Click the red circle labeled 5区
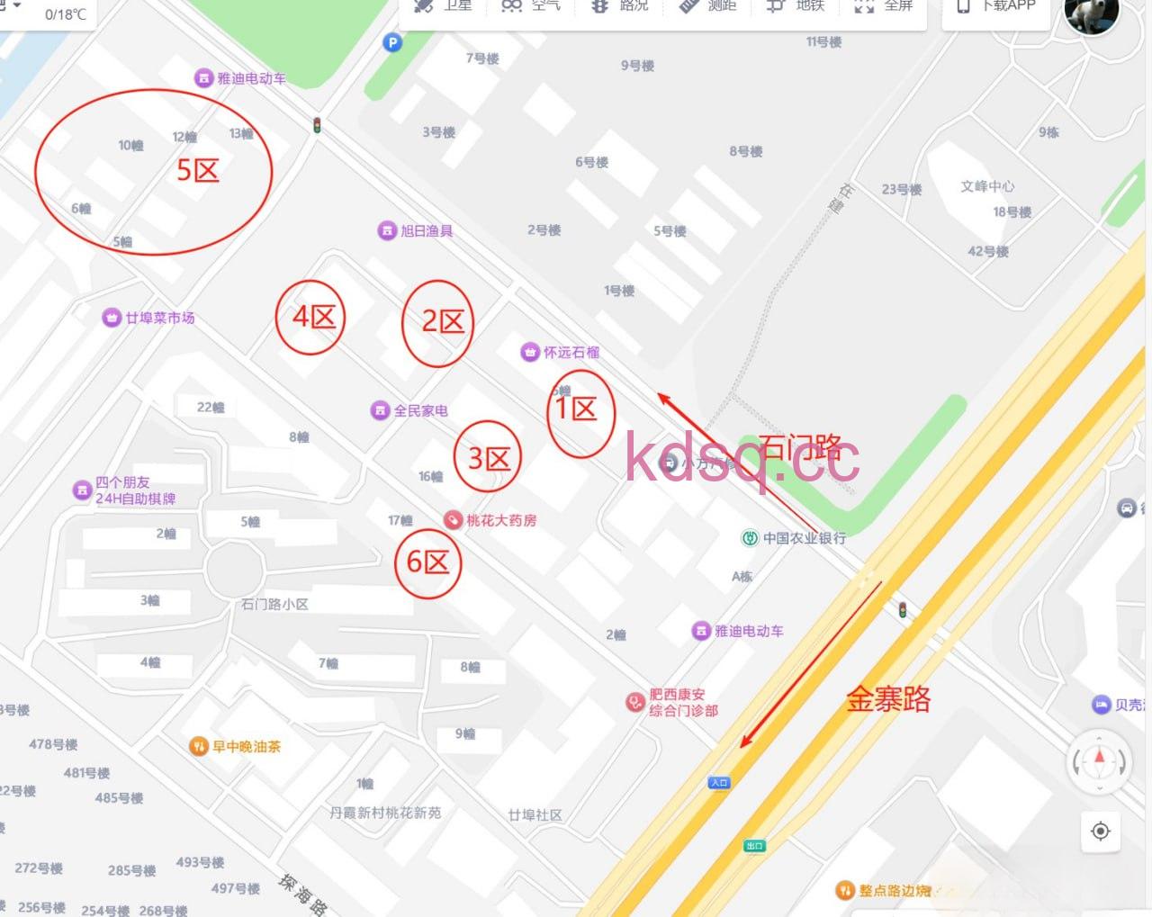coord(153,171)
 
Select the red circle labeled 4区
coord(310,317)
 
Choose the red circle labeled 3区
coord(487,459)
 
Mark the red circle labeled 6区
coord(428,563)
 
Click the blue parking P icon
coord(392,42)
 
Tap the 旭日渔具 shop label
coord(426,231)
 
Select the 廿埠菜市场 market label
coord(159,318)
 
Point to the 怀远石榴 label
coord(571,353)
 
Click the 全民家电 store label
coord(420,410)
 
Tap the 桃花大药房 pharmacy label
coord(500,520)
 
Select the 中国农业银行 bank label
coord(804,538)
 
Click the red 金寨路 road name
coord(888,699)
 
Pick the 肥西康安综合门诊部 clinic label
coord(683,703)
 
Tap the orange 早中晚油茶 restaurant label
coord(246,746)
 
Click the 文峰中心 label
coord(987,186)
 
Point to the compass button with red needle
coord(1099,760)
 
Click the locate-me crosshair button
coord(1100,831)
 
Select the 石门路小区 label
coord(274,604)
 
